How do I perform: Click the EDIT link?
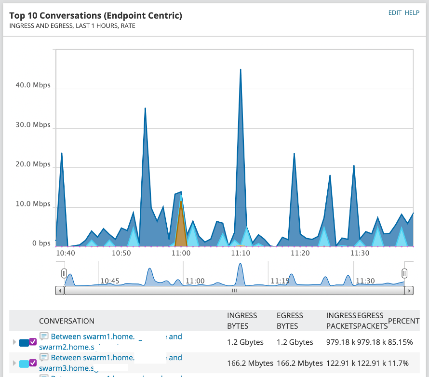tap(395, 13)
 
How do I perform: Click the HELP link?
tap(412, 13)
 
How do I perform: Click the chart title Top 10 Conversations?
tap(95, 16)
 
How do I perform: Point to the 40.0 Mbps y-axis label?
tap(33, 85)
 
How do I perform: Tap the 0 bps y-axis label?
tap(41, 243)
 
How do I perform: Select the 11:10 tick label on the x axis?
tap(240, 253)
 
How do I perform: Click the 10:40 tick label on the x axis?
tap(65, 253)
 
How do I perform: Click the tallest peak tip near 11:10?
tap(240, 69)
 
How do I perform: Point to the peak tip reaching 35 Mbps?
tap(145, 108)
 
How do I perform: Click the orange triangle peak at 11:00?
tap(181, 202)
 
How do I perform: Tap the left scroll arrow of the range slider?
tap(60, 291)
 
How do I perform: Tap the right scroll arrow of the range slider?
tap(409, 291)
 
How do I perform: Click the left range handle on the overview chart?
tap(64, 273)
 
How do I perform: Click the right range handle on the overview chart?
tap(404, 273)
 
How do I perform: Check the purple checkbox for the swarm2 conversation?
tap(33, 342)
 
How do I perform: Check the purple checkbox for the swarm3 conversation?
tap(33, 363)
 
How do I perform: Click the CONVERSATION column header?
tap(67, 321)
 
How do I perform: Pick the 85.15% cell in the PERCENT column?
tap(401, 342)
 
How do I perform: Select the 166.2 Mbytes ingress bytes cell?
tap(250, 363)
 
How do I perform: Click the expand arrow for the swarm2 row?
tap(14, 342)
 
